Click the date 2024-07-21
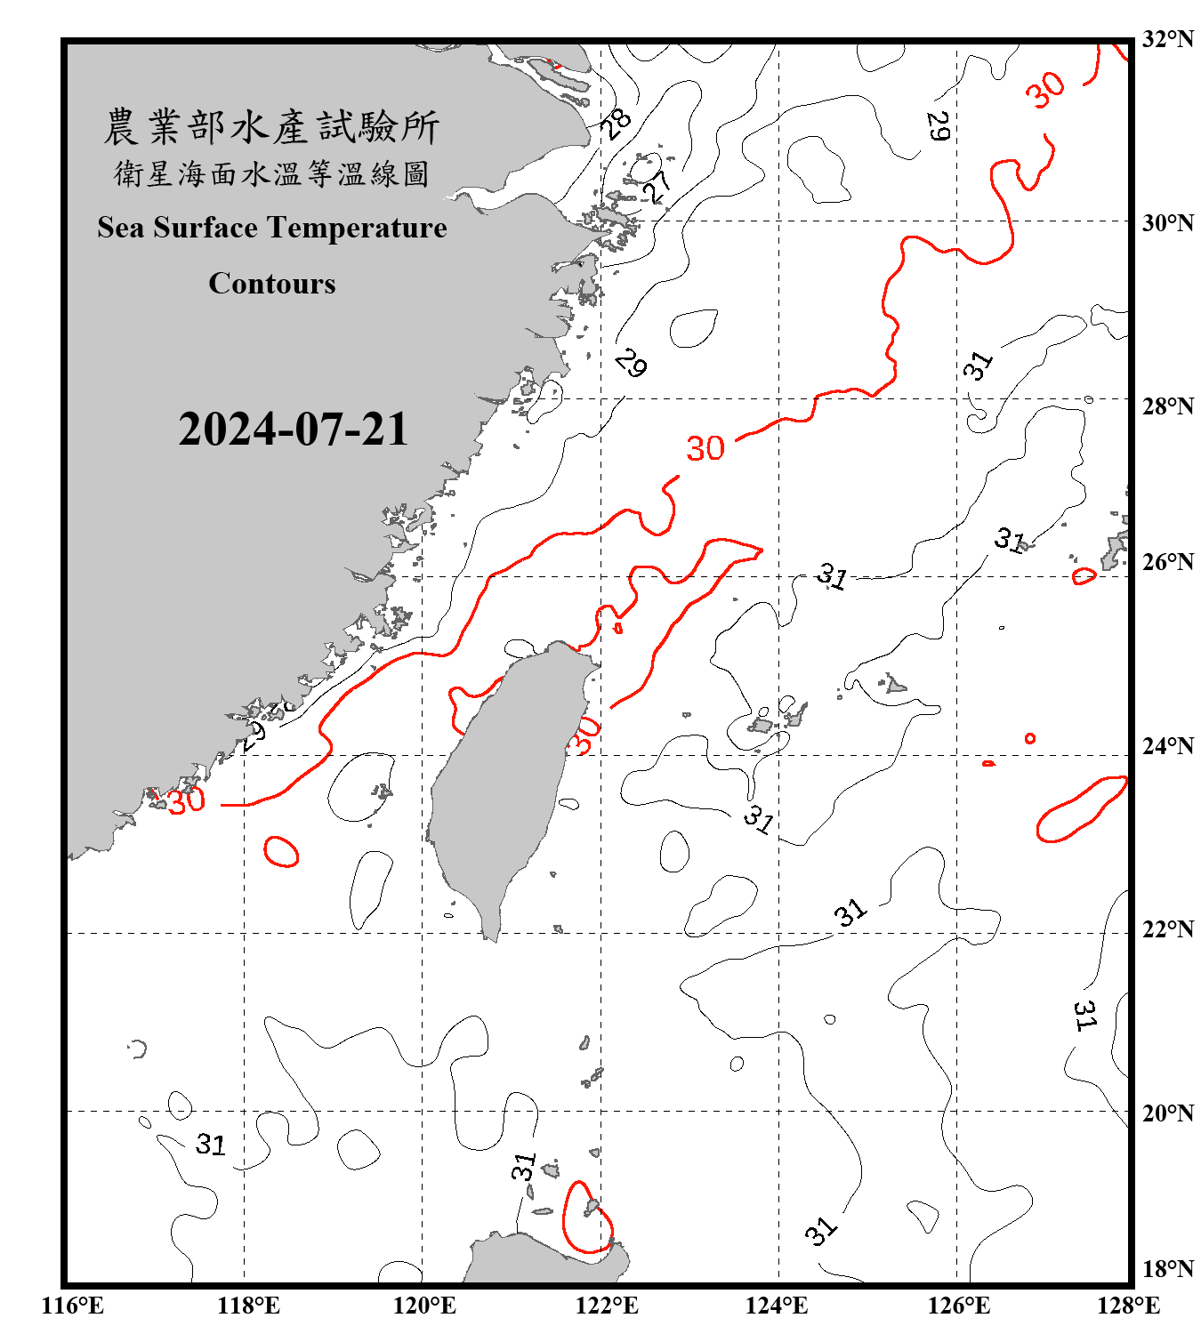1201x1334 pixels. (x=293, y=430)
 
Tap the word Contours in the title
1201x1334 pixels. (x=271, y=284)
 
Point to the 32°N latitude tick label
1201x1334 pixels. (x=1167, y=39)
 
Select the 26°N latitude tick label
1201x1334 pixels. (x=1167, y=562)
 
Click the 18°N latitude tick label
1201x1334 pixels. (x=1167, y=1269)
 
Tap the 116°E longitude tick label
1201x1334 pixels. (x=72, y=1306)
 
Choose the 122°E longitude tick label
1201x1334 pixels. (x=607, y=1306)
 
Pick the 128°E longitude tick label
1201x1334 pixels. (x=1128, y=1306)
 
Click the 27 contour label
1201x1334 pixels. (x=657, y=187)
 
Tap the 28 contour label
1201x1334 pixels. (x=615, y=122)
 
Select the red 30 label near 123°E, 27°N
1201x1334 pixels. (x=705, y=448)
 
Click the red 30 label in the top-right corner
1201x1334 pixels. (x=1044, y=90)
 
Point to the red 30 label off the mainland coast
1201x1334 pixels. (x=187, y=800)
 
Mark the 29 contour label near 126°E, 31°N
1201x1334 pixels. (x=938, y=126)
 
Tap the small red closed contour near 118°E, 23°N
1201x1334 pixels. (x=281, y=851)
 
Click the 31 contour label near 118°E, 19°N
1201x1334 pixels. (x=211, y=1144)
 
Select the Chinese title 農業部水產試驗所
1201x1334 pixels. (x=271, y=126)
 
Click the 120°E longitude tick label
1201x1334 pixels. (x=424, y=1306)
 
